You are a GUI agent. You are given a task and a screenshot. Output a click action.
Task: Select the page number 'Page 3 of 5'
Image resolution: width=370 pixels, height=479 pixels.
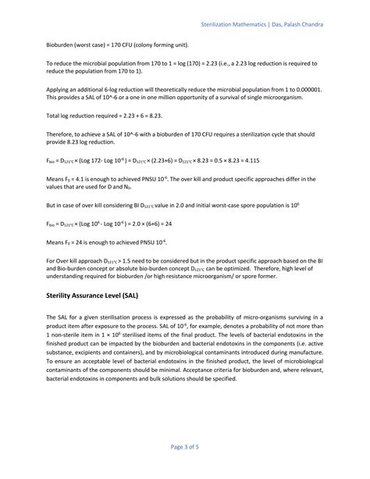[185, 446]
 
